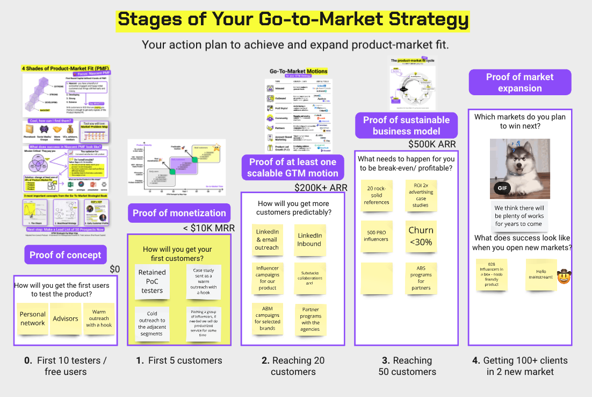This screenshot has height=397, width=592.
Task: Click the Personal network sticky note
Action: tap(32, 318)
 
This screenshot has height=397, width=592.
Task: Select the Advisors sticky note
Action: tap(66, 318)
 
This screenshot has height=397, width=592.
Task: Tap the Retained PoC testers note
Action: tap(152, 281)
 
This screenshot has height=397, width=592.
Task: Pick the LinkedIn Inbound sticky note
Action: tap(309, 239)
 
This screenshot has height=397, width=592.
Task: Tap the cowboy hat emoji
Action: tap(564, 277)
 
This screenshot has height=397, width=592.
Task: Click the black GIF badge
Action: tap(502, 188)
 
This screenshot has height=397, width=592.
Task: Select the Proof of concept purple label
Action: tap(65, 254)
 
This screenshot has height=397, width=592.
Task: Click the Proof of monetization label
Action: tap(179, 212)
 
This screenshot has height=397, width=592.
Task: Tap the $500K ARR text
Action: tap(432, 144)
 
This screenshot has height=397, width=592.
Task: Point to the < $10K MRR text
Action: tap(207, 228)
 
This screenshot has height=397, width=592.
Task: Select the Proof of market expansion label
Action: tap(519, 82)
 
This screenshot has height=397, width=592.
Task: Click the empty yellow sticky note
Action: tap(376, 277)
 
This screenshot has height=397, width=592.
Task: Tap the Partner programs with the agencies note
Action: tap(310, 319)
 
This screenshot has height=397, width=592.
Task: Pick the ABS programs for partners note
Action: tap(421, 277)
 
